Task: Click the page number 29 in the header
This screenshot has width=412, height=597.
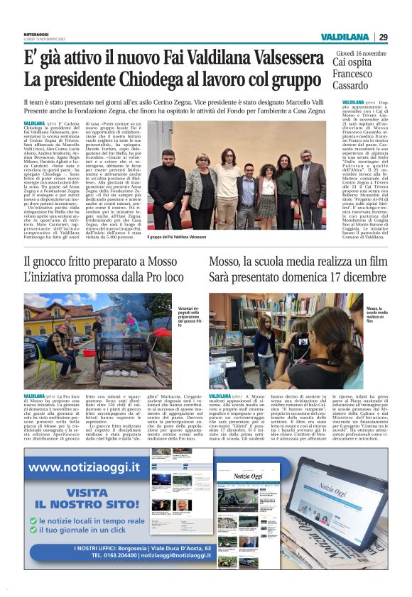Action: pyautogui.click(x=383, y=37)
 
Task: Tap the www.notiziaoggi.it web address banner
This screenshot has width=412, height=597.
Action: pyautogui.click(x=85, y=467)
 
